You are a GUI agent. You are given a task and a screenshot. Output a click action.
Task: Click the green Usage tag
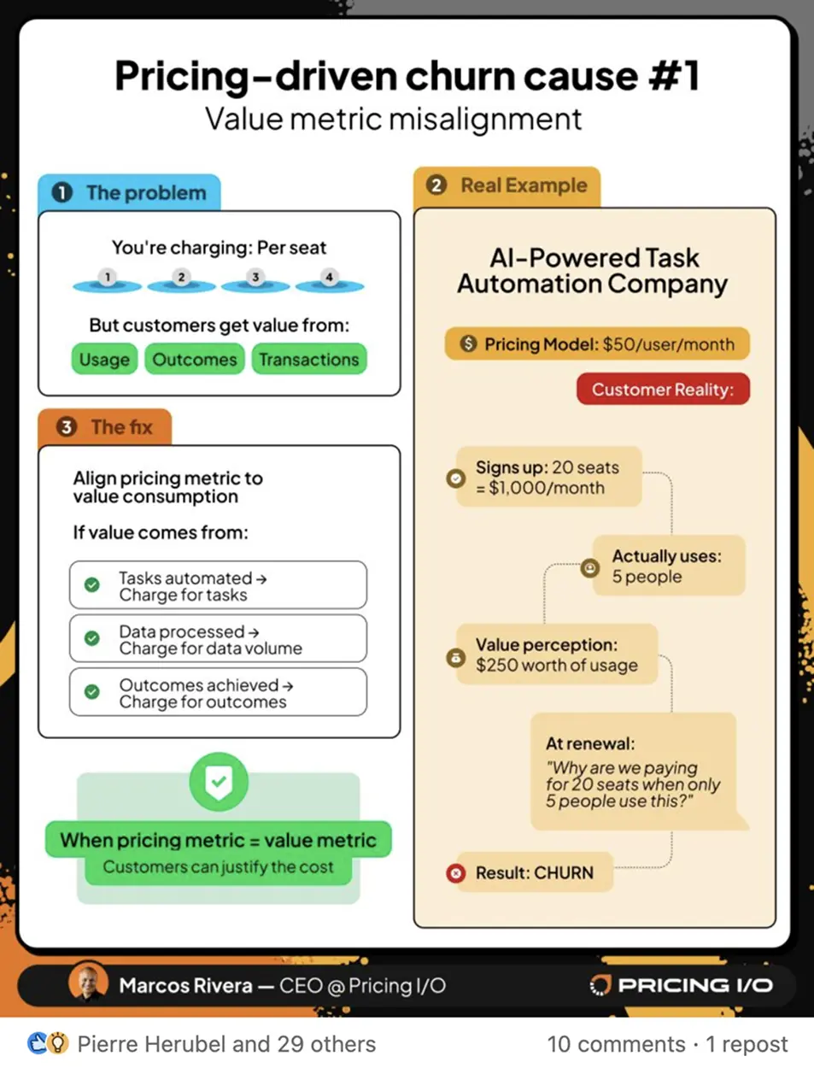pos(104,360)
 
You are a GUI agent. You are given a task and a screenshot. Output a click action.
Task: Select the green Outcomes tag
pos(195,360)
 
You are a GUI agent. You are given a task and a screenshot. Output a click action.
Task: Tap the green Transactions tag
pos(308,360)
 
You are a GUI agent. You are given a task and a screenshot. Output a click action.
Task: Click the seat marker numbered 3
pos(255,278)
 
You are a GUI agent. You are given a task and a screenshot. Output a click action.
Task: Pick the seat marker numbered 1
pos(108,278)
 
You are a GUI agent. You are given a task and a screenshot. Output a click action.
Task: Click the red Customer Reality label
pos(662,390)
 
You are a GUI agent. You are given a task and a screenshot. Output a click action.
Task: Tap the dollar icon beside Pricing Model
pos(468,344)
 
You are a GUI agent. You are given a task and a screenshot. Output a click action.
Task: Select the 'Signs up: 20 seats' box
pos(548,478)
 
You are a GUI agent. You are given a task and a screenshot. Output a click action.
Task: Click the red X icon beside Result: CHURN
pos(456,873)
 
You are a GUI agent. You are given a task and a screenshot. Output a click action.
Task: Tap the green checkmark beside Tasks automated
pos(92,585)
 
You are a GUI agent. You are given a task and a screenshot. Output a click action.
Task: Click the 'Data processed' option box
pos(218,639)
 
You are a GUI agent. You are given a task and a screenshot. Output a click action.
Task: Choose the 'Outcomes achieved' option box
pos(218,693)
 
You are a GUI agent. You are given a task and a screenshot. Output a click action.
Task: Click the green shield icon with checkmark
pos(219,782)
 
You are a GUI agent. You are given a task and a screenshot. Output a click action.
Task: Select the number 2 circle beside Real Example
pos(436,185)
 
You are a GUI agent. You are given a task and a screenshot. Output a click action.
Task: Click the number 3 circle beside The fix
pos(67,426)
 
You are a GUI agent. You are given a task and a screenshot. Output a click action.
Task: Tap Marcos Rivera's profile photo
pos(89,984)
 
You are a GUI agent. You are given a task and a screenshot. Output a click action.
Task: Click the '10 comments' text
pos(616,1044)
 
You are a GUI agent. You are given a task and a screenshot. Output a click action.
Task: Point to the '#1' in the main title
pos(674,76)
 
